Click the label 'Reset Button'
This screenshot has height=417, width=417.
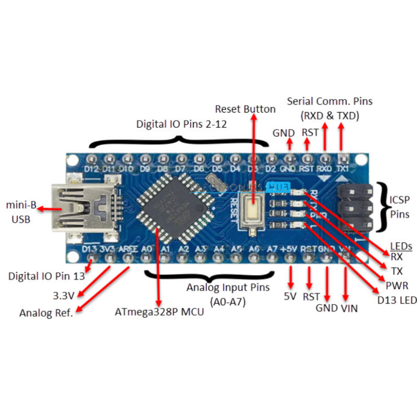(x=245, y=109)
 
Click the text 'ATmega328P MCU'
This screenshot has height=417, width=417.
(x=159, y=311)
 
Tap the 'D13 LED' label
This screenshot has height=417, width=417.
(x=397, y=300)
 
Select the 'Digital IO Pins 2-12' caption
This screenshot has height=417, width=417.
(x=182, y=124)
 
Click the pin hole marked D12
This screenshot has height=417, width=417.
(x=91, y=159)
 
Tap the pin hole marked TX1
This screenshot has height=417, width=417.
(x=343, y=158)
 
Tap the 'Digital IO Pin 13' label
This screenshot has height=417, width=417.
(x=46, y=276)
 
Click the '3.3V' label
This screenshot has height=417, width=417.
(x=63, y=296)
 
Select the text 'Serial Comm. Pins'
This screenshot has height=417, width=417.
(x=330, y=101)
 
